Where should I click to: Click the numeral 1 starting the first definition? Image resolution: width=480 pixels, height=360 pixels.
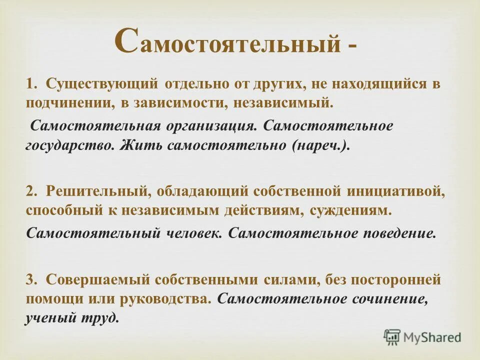pyautogui.click(x=30, y=84)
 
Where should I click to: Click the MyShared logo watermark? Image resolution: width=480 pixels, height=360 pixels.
pyautogui.click(x=422, y=336)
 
